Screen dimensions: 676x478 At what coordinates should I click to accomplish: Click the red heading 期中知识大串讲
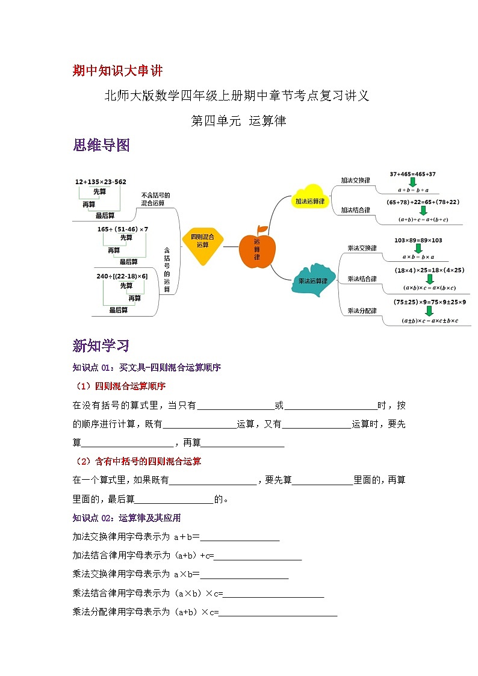(117, 71)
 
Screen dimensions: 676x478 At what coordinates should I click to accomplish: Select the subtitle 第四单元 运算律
(238, 121)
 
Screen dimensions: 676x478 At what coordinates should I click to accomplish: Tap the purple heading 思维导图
(101, 145)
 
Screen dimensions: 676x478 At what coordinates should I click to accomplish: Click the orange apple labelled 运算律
(257, 249)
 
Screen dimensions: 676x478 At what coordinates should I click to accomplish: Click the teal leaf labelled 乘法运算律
(312, 281)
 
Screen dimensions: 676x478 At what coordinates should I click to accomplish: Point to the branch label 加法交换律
(355, 180)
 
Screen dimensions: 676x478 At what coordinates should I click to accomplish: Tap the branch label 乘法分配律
(362, 311)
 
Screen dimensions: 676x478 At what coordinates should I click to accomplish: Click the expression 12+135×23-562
(101, 181)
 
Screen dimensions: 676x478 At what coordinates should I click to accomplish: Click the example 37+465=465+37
(412, 174)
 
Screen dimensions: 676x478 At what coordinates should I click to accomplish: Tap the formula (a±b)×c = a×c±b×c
(430, 321)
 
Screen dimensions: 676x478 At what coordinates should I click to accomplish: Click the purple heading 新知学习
(101, 346)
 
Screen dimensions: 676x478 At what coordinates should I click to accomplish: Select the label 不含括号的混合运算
(155, 199)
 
